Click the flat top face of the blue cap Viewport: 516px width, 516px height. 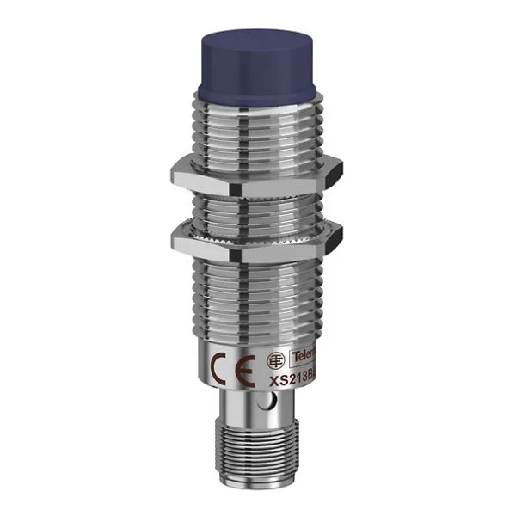pos(257,41)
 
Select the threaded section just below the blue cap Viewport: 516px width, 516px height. pos(257,125)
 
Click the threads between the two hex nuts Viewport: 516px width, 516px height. pos(257,206)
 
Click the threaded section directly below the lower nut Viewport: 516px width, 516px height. pos(257,292)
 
